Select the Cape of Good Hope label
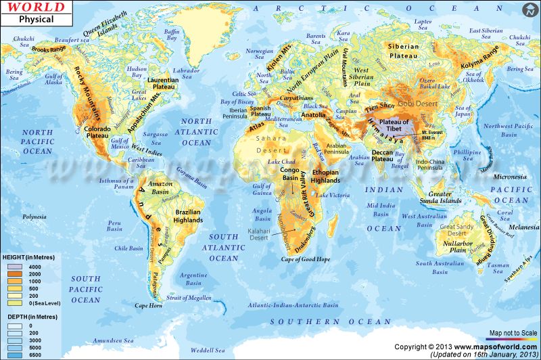306,258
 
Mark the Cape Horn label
149,306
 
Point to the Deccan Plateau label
387,157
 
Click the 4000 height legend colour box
15,266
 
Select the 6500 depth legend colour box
15,354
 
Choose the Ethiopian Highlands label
325,177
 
